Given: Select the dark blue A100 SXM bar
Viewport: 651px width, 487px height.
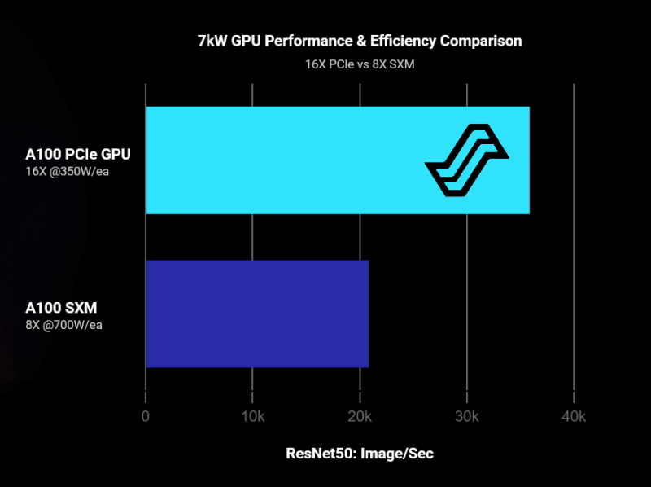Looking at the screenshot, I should click(x=257, y=314).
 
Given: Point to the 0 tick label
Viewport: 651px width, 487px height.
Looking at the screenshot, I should click(x=146, y=417).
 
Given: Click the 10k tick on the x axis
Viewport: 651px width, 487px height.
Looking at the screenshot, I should click(x=252, y=417).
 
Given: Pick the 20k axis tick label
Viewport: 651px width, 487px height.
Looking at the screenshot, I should click(x=360, y=417).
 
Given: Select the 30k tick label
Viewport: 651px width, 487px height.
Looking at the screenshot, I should click(x=466, y=417).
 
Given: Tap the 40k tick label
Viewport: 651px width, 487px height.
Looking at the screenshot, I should click(x=574, y=417).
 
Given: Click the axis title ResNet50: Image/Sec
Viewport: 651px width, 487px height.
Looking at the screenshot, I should click(x=360, y=454).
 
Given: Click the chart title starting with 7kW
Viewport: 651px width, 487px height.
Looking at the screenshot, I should click(x=360, y=40).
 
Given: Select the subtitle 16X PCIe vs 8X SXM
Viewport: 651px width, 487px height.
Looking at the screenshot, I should click(x=360, y=64).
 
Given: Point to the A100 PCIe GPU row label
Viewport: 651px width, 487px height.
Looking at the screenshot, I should click(x=78, y=154).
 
